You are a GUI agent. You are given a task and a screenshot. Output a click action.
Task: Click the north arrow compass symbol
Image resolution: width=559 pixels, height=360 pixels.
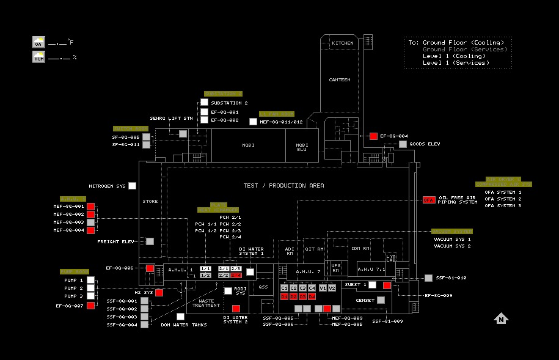[x=501, y=318]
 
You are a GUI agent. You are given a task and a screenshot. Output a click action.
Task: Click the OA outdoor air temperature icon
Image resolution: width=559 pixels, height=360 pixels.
[x=38, y=43]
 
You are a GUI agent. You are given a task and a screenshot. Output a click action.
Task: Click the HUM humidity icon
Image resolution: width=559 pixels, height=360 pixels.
[x=38, y=57]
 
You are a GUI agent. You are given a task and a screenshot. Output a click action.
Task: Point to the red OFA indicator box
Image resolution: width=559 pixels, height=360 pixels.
[x=429, y=200]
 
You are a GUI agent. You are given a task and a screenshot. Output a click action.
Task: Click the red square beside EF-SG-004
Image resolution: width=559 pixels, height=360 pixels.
[x=373, y=136]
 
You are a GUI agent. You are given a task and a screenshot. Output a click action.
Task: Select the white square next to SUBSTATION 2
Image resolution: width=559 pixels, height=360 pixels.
[x=204, y=102]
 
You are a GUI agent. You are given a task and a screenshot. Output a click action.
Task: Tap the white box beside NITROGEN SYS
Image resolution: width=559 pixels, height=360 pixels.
[x=132, y=186]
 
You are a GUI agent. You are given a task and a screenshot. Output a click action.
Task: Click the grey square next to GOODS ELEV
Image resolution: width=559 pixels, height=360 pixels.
[x=403, y=144]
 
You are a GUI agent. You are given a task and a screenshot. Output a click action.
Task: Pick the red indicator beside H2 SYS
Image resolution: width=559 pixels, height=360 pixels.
[x=159, y=293]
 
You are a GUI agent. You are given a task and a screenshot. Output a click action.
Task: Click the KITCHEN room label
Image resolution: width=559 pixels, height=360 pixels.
[x=342, y=43]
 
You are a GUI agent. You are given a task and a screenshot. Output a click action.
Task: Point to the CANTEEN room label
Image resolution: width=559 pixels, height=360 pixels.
[x=340, y=79]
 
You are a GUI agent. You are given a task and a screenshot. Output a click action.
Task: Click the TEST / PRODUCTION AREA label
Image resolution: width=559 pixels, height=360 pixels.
[x=283, y=185]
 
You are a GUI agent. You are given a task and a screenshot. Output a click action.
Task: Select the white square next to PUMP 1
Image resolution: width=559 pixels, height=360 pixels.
[x=90, y=280]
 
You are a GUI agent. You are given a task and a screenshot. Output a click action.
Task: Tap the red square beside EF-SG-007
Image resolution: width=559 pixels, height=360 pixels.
[x=90, y=305]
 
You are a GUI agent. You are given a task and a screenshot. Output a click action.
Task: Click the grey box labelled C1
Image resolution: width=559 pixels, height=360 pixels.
[x=284, y=288]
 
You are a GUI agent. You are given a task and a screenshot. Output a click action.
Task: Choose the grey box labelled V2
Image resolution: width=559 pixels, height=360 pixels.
[x=332, y=288]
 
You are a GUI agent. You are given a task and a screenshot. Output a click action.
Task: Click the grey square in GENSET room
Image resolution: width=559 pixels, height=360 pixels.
[x=381, y=300]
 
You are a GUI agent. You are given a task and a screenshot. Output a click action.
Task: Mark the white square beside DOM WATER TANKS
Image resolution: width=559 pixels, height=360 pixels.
[x=180, y=317]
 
